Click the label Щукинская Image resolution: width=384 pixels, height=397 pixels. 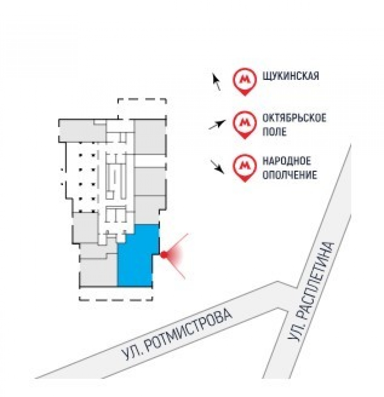tap(291, 76)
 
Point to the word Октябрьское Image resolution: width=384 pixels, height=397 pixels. tap(294, 118)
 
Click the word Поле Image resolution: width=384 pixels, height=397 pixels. tap(275, 132)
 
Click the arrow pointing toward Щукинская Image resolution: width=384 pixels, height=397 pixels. tap(217, 81)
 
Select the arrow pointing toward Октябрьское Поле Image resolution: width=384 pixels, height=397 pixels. tap(217, 124)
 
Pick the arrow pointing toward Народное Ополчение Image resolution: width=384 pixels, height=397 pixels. tap(217, 167)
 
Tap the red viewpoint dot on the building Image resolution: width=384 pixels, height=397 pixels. tap(164, 254)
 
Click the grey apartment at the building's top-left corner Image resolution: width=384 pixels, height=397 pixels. tap(82, 131)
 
